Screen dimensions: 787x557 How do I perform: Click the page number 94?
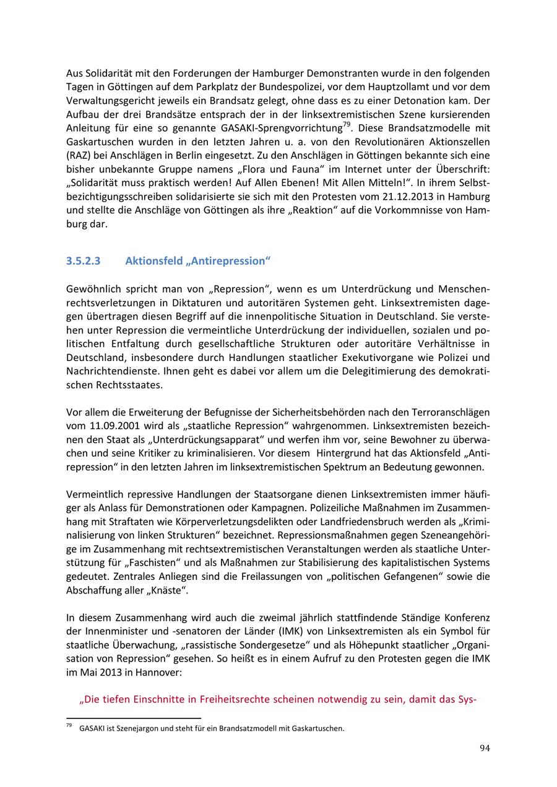[485, 748]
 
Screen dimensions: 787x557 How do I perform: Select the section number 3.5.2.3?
[83, 261]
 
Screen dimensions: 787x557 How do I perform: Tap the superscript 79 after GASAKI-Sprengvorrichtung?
[347, 125]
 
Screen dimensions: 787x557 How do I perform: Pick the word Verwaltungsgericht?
[107, 100]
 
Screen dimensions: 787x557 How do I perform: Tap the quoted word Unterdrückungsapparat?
[196, 439]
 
